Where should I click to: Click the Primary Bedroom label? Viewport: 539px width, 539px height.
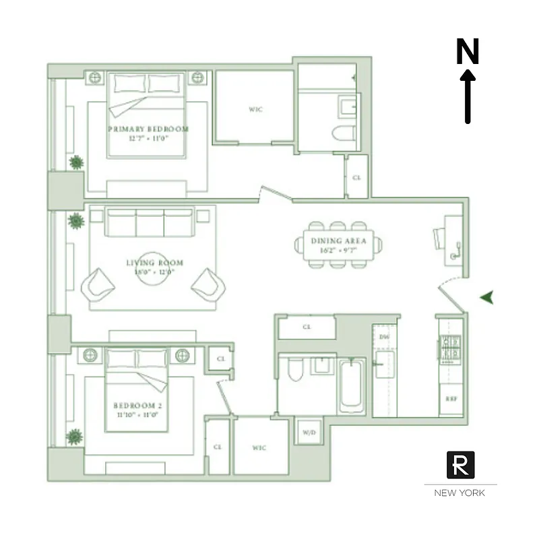click(x=148, y=129)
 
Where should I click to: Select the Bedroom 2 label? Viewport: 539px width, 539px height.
click(x=137, y=406)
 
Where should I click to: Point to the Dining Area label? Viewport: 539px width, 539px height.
click(x=339, y=241)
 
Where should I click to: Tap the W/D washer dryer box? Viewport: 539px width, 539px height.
click(x=309, y=431)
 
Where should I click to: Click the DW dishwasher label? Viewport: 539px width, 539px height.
click(x=384, y=336)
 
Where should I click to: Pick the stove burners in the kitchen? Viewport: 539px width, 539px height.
click(x=449, y=348)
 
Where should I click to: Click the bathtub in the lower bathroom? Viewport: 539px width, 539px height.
click(x=352, y=386)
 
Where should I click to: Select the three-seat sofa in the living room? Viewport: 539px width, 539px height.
click(x=150, y=222)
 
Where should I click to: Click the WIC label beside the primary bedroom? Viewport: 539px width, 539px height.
click(x=255, y=110)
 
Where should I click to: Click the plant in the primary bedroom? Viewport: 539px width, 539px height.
click(x=75, y=162)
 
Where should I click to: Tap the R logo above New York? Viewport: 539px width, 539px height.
click(x=461, y=464)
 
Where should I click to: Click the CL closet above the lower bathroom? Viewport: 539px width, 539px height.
click(x=307, y=327)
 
